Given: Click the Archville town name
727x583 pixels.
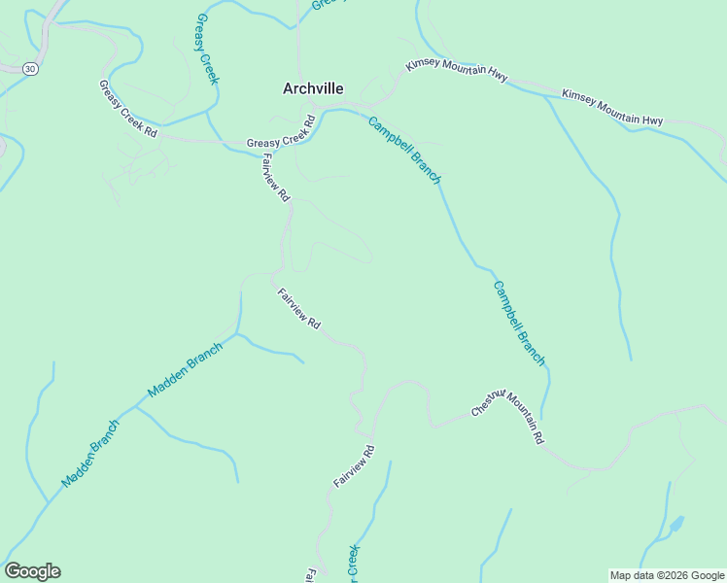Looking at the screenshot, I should (312, 88).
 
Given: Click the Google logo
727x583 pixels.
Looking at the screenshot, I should (32, 571).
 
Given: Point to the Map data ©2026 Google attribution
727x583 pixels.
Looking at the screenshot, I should (667, 575).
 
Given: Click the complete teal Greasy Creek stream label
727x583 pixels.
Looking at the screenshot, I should (206, 49).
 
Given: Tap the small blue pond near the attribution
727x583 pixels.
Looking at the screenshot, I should (675, 525).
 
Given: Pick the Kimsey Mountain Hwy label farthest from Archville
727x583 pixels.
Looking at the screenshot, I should (612, 107).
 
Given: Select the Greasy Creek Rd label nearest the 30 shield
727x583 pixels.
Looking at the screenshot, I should (127, 109).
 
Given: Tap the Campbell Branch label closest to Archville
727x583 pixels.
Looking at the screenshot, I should (404, 150).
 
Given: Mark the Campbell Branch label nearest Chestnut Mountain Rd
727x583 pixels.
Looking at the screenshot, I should (519, 324).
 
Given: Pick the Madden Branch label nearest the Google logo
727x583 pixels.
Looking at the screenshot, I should (89, 453).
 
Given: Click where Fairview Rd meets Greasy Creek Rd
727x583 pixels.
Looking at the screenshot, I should (260, 147).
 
